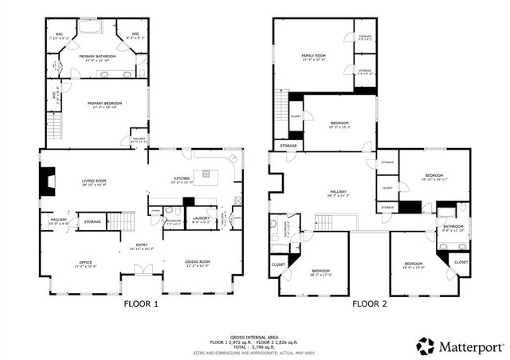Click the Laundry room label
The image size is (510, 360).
(x=201, y=220)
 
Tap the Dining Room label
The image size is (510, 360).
(x=198, y=262)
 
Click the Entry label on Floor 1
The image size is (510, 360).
(x=141, y=245)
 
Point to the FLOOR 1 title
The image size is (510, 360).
(x=141, y=303)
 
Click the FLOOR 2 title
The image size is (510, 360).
(x=370, y=303)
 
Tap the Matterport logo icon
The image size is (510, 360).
(x=426, y=346)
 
